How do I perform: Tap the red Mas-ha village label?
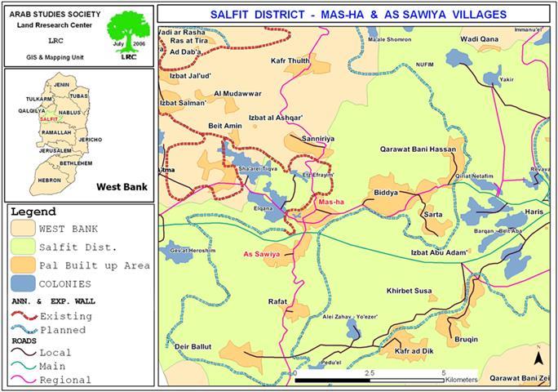coord(331,202)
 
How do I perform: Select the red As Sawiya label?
coord(262,255)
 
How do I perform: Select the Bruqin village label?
coord(466,337)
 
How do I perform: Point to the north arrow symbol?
coord(538,357)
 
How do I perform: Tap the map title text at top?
coord(356,15)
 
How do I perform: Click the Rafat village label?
coord(278,301)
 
